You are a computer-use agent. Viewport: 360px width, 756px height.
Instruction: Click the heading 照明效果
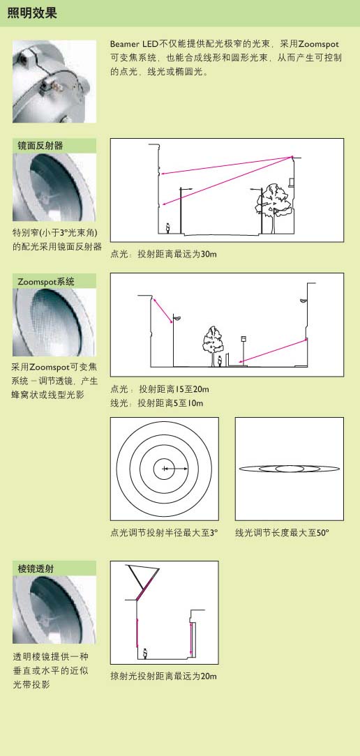tap(32, 13)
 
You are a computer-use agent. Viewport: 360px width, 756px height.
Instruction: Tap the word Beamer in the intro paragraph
tap(124, 45)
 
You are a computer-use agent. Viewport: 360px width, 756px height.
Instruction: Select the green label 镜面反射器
tap(40, 146)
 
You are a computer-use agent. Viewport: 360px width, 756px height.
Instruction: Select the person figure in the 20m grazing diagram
tap(145, 653)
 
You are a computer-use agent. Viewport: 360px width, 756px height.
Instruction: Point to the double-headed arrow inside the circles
tap(175, 469)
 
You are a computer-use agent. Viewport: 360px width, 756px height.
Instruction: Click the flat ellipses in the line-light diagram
tap(290, 468)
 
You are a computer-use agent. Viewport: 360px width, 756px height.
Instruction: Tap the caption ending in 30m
tap(163, 254)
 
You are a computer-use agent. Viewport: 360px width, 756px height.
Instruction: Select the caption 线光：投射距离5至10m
tap(157, 402)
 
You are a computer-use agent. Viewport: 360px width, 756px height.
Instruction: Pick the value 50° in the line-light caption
tap(322, 533)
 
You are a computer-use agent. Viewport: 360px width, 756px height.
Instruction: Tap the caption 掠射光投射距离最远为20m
tap(163, 676)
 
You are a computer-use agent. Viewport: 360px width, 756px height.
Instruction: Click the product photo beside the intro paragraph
tap(54, 82)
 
